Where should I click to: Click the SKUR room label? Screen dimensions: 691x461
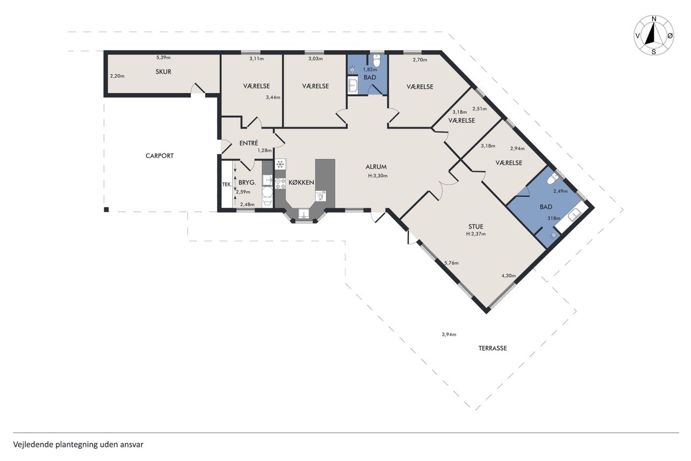(x=163, y=72)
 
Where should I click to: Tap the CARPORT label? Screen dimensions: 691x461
(x=159, y=156)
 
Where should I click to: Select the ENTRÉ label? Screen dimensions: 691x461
(x=249, y=143)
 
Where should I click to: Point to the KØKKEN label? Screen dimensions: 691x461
(x=301, y=182)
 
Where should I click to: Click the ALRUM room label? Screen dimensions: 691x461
(x=376, y=167)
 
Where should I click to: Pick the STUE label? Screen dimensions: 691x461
(x=476, y=226)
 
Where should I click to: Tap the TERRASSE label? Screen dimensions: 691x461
(x=493, y=348)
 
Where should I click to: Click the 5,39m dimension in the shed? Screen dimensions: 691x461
(x=163, y=57)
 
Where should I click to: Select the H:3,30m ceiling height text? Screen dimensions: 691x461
(x=378, y=176)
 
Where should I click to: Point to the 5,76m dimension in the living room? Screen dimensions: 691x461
(x=451, y=263)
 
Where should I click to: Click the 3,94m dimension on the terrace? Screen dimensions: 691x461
(x=449, y=334)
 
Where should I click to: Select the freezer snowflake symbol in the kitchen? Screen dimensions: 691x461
(x=280, y=164)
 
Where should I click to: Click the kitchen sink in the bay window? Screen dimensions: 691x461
(x=304, y=213)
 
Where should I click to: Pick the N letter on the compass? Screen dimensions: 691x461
(x=654, y=19)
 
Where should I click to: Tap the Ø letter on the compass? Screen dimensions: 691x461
(x=670, y=36)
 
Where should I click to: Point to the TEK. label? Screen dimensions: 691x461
(x=227, y=184)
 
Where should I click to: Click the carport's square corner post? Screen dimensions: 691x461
(x=106, y=209)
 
